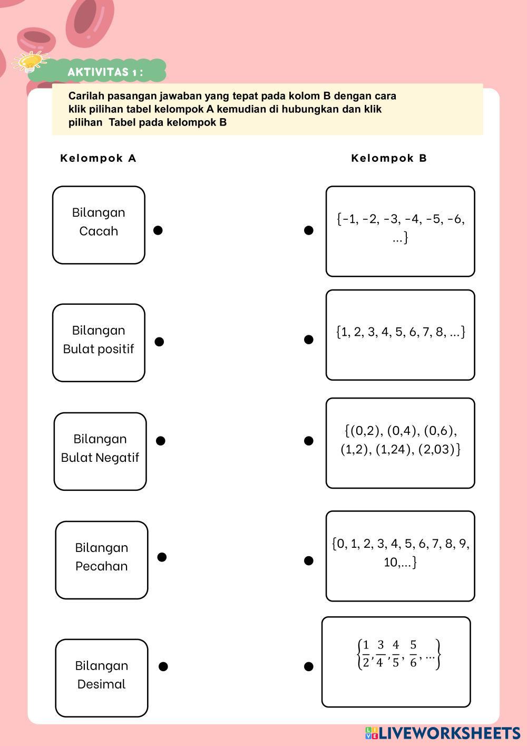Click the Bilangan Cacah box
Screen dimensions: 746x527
click(x=99, y=225)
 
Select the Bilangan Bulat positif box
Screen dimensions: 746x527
click(x=99, y=342)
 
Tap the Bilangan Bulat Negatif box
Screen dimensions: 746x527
click(x=100, y=451)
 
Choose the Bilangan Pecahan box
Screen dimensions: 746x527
click(x=102, y=560)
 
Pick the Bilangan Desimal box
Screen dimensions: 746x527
click(x=102, y=677)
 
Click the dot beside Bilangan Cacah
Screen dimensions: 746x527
click(x=158, y=230)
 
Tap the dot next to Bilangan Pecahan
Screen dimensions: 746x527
click(x=162, y=557)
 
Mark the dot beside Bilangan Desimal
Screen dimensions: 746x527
click(x=163, y=666)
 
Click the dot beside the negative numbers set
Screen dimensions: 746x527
click(x=309, y=230)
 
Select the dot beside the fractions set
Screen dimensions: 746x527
click(x=309, y=667)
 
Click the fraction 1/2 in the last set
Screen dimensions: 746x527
click(x=366, y=654)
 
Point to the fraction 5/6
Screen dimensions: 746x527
click(x=413, y=654)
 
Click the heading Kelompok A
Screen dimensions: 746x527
click(x=98, y=158)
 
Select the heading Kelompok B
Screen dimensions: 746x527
click(x=389, y=158)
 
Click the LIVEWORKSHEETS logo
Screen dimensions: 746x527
click(x=443, y=733)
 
